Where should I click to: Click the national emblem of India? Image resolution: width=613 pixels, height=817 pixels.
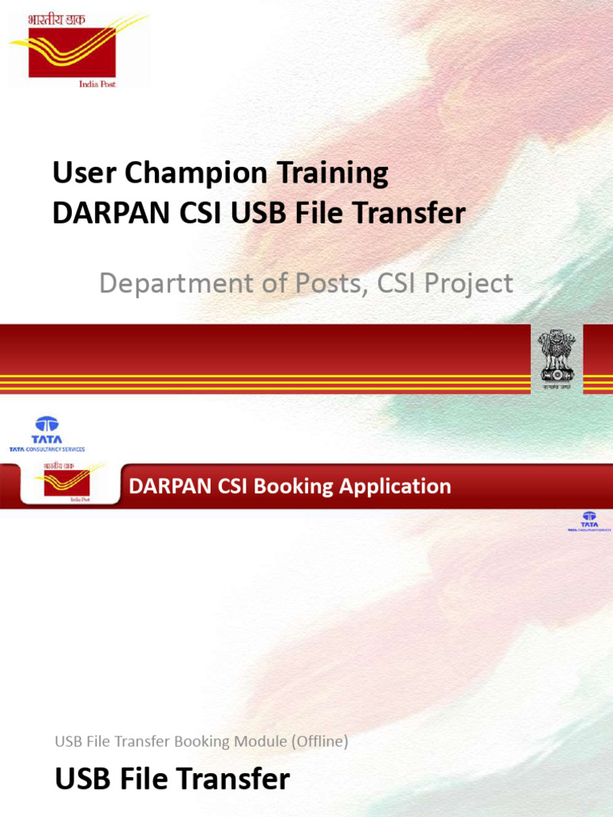(556, 357)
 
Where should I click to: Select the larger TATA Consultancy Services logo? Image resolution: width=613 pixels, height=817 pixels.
(46, 434)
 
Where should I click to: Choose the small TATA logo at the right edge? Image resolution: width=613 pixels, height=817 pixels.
(589, 521)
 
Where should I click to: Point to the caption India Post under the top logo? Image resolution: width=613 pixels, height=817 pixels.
(97, 83)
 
